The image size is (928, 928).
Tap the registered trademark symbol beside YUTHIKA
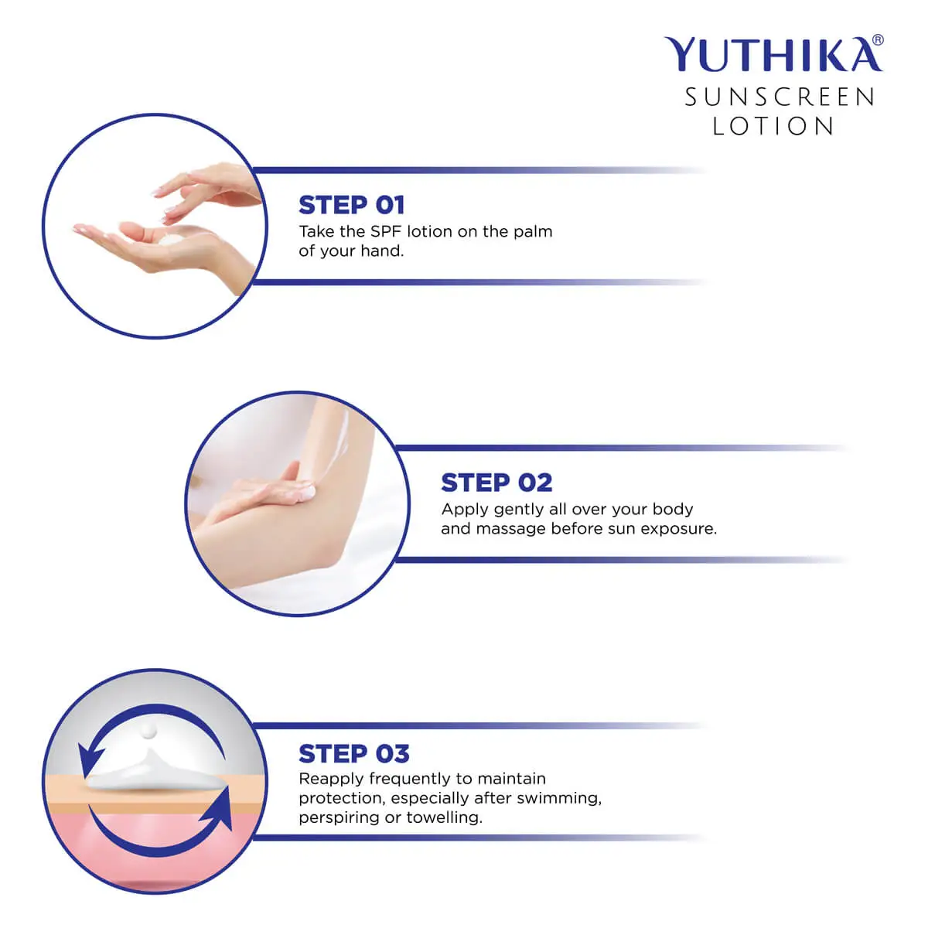(877, 41)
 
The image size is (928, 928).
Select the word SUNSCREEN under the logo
(780, 97)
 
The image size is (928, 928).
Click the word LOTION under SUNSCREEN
(773, 126)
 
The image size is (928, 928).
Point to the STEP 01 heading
(351, 205)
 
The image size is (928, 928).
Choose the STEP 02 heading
(496, 483)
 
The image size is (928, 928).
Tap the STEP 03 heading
(353, 753)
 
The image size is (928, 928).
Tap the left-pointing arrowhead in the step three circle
(91, 754)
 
